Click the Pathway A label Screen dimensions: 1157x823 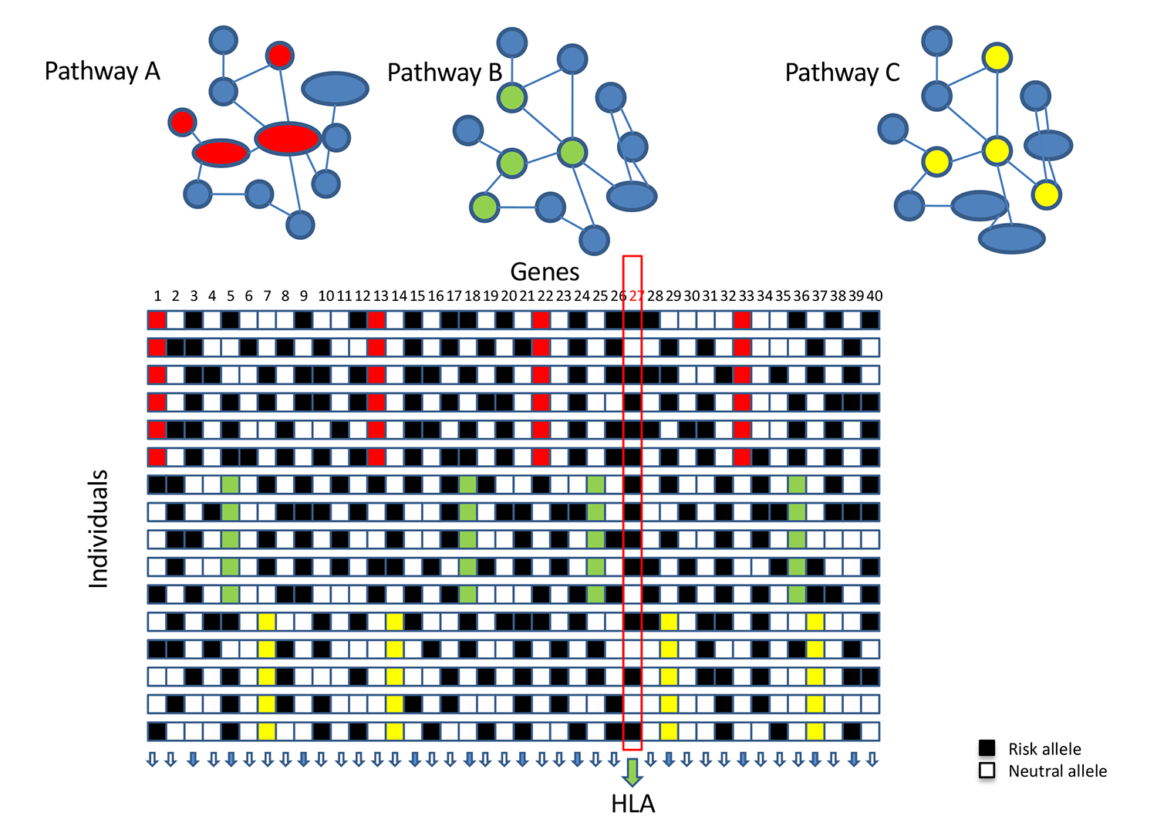pos(103,71)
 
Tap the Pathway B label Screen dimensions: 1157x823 pos(445,73)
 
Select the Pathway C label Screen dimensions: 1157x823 pos(842,73)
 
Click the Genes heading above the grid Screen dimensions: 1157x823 pos(545,272)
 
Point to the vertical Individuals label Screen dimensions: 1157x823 pos(99,529)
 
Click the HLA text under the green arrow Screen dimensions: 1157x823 pos(632,804)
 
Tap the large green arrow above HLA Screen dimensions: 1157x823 pos(632,773)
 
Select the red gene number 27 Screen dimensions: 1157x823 pos(636,296)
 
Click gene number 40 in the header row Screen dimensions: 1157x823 pos(874,296)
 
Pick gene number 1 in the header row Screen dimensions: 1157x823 pos(157,296)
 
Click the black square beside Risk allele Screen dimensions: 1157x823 pos(987,747)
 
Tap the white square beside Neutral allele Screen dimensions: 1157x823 pos(987,771)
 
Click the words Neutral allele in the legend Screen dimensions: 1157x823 pos(1057,771)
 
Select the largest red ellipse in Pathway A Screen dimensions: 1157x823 pos(288,139)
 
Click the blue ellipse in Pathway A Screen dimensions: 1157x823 pos(335,89)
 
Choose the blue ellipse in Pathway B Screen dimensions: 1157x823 pos(631,197)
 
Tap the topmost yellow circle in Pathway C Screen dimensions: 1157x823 pos(997,58)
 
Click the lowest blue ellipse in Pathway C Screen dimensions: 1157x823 pos(1011,238)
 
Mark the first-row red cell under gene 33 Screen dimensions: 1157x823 pos(742,320)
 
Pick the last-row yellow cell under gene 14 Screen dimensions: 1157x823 pos(395,731)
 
